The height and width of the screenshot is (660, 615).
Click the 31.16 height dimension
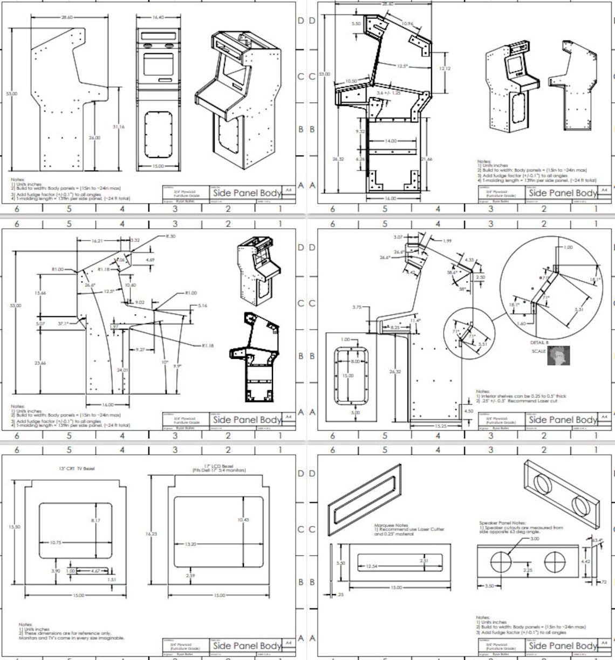(119, 127)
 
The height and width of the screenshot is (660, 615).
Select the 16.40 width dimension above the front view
(158, 17)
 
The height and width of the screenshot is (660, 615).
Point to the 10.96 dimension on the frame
(407, 24)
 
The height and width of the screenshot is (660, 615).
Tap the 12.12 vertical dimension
(445, 69)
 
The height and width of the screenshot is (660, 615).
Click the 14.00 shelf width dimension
(390, 141)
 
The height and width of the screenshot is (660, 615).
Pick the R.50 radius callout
(170, 236)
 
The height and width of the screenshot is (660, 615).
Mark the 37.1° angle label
(63, 324)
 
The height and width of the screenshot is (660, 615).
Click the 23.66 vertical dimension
(40, 363)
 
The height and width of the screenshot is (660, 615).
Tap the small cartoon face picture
(558, 356)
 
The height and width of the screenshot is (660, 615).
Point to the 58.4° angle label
(452, 273)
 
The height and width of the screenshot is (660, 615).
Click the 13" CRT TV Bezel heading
(77, 468)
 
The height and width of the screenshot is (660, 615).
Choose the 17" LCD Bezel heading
(219, 467)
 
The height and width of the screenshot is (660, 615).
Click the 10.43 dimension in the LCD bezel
(243, 520)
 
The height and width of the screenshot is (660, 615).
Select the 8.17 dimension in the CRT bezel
(95, 520)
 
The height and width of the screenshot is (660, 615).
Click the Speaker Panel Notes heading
(503, 522)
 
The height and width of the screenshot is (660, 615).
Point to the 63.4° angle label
(597, 540)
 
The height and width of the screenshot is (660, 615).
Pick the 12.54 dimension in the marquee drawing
(371, 566)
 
